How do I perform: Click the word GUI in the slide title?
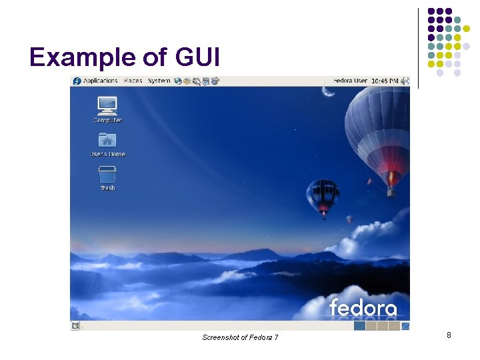[x=197, y=58]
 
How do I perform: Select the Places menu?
[x=133, y=81]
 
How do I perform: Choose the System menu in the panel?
[x=159, y=81]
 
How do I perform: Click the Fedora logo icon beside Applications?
[x=77, y=81]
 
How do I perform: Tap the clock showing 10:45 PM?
[x=385, y=81]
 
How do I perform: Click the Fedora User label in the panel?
[x=351, y=81]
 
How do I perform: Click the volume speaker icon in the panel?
[x=404, y=81]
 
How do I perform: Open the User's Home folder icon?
[x=107, y=140]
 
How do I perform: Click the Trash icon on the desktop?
[x=107, y=175]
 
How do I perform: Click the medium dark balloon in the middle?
[x=323, y=195]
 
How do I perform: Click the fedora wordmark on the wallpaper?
[x=363, y=308]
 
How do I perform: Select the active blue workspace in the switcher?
[x=360, y=326]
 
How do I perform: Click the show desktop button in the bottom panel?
[x=75, y=326]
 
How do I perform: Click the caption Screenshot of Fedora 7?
[x=240, y=337]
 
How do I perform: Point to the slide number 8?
[x=449, y=335]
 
